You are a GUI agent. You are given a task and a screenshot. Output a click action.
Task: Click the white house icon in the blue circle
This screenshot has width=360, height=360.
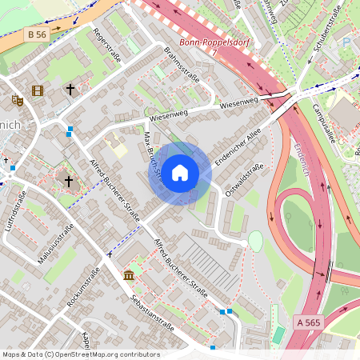click(180, 172)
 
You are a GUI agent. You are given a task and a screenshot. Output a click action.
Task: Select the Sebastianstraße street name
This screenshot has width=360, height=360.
click(151, 310)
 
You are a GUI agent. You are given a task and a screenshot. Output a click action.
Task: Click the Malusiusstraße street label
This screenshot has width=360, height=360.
click(55, 244)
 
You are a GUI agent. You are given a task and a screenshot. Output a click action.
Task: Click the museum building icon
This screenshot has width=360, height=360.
click(130, 276)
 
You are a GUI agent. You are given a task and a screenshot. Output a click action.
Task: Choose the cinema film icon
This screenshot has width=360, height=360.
click(37, 91)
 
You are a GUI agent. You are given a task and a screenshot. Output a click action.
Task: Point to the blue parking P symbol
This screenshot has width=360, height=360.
click(346, 40)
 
